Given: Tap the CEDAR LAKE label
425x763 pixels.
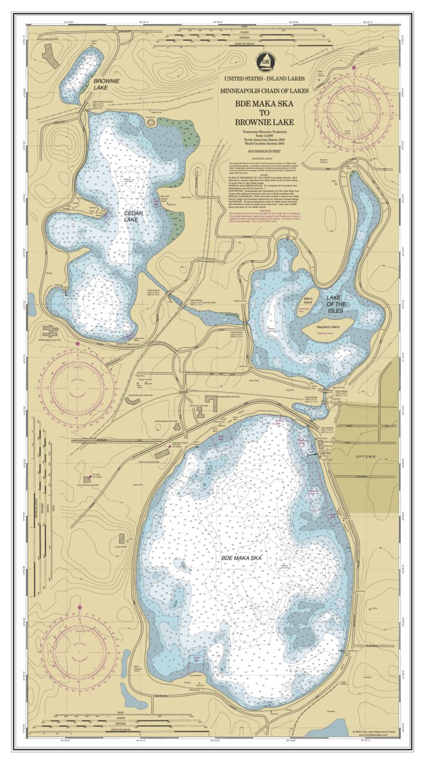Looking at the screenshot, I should [131, 215].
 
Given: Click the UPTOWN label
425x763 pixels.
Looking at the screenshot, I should [366, 456].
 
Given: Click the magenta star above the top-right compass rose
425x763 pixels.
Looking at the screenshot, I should [354, 67].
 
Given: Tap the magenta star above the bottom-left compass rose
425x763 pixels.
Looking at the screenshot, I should [79, 607].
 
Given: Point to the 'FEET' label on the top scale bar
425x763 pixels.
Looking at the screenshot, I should [243, 28].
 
